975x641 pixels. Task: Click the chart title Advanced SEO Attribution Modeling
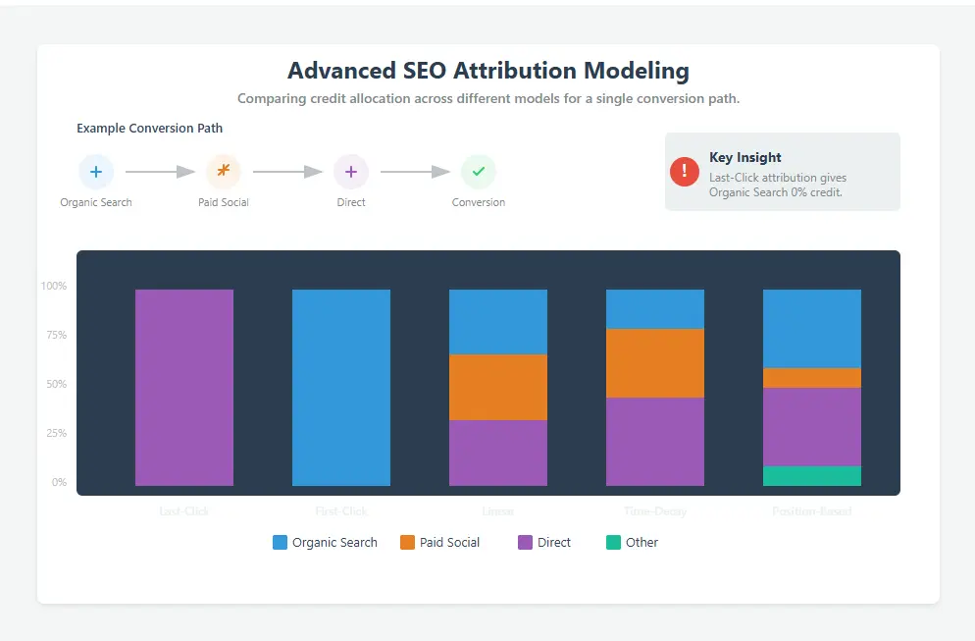coord(487,71)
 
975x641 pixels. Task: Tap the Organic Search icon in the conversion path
coord(96,172)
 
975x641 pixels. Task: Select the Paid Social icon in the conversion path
coord(224,172)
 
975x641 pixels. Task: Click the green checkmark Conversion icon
coord(479,172)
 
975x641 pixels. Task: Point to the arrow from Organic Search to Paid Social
coord(161,172)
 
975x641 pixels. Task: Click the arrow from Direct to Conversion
coord(415,172)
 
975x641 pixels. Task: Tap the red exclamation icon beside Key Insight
coord(685,171)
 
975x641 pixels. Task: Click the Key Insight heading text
coord(745,157)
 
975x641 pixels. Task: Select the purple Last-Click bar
coord(184,387)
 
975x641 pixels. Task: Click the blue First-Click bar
coord(341,387)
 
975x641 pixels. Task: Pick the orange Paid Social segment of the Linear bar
coord(498,387)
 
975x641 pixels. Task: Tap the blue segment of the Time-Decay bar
coord(655,308)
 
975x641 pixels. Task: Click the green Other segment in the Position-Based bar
coord(812,476)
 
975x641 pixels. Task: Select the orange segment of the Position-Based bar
coord(812,378)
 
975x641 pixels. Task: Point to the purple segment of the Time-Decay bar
coord(655,441)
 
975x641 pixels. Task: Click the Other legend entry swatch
coord(613,542)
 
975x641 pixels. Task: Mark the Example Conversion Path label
coord(149,128)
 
